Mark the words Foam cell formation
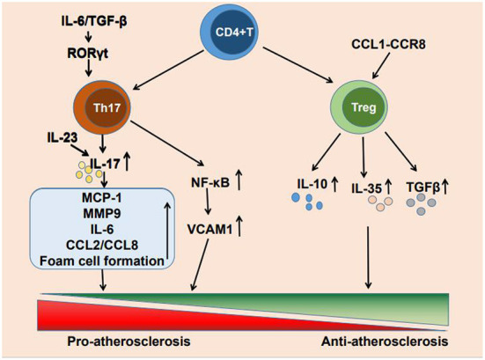click(97, 261)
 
